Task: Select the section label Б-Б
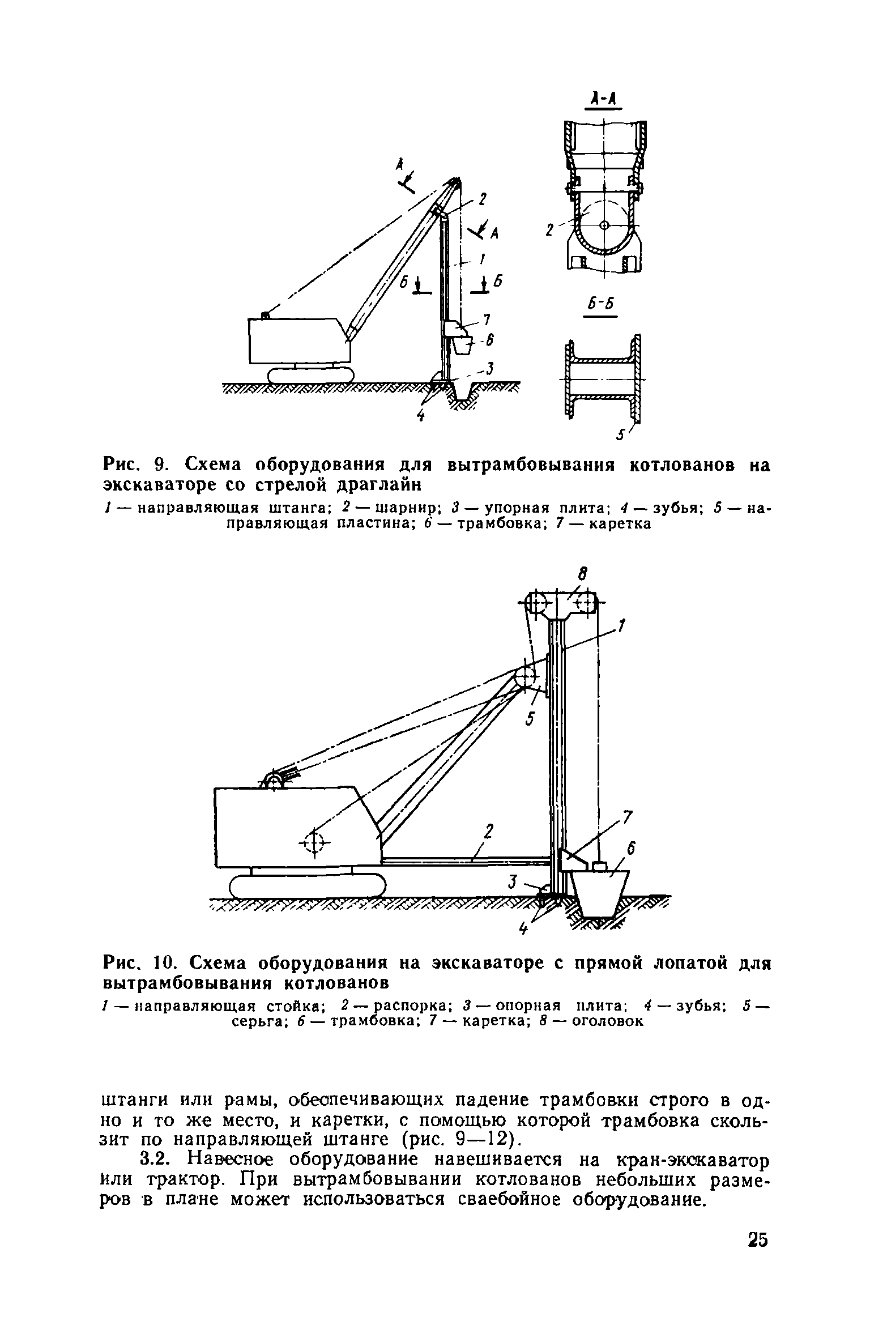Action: click(x=599, y=304)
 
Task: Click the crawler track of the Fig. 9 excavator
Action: click(x=311, y=375)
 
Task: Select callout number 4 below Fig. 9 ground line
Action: click(x=420, y=416)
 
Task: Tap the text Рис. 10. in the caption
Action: click(x=142, y=962)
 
